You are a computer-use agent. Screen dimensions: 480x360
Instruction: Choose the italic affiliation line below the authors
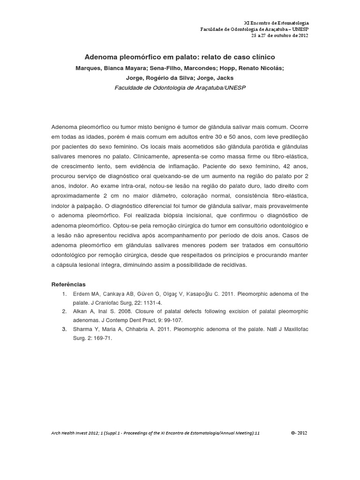click(180, 88)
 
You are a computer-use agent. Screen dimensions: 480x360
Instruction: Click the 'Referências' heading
click(68, 284)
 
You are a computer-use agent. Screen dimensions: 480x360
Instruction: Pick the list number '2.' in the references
click(64, 311)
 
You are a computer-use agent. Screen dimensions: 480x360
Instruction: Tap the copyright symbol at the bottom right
click(293, 433)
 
